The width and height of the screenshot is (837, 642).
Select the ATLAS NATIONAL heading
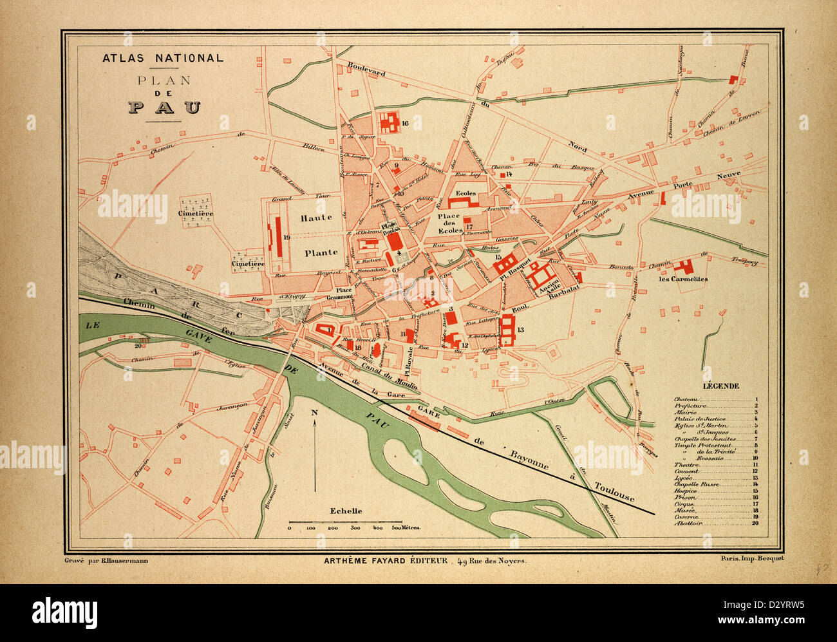[x=163, y=58]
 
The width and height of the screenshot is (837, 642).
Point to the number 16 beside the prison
[x=405, y=124]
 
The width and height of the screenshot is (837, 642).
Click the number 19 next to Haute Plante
[x=287, y=238]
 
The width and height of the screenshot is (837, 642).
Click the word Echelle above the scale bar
[x=346, y=511]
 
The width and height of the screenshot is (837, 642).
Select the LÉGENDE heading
[x=720, y=386]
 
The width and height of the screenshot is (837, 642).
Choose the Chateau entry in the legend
[x=685, y=399]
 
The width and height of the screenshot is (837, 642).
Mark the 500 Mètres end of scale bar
[x=406, y=527]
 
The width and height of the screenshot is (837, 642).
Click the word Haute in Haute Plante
[x=315, y=218]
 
